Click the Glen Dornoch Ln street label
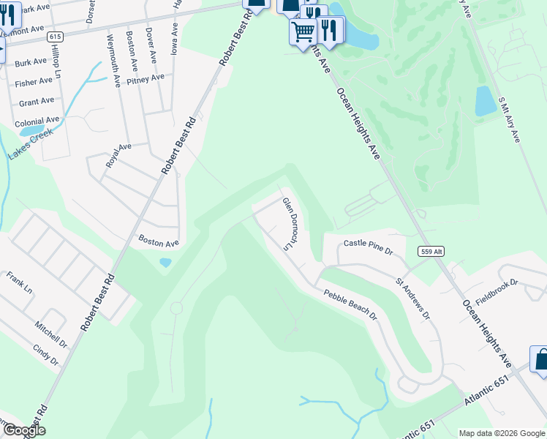(x=291, y=224)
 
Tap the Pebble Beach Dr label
(x=351, y=305)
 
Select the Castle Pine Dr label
(x=369, y=247)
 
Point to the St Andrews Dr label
(x=413, y=299)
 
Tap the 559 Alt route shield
(x=431, y=252)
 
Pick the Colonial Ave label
(x=37, y=120)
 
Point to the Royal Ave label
(x=118, y=156)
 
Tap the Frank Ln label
(x=19, y=283)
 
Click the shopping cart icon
(x=302, y=31)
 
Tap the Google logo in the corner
(x=23, y=430)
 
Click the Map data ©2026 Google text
(x=502, y=433)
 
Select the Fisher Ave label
(x=34, y=82)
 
